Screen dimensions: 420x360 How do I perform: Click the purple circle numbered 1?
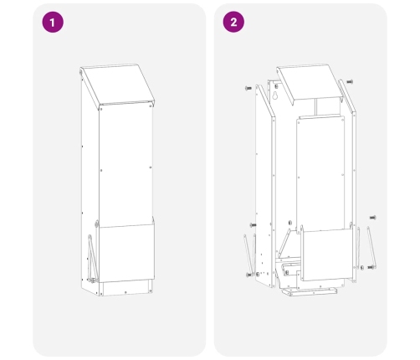tap(53, 22)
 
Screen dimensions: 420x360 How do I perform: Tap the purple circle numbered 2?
tap(233, 22)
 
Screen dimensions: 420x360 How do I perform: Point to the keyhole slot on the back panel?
tap(275, 95)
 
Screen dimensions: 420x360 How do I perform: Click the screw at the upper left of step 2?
tap(248, 88)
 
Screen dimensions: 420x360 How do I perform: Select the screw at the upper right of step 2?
tap(350, 82)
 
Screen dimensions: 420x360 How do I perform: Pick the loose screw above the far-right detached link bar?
tap(372, 218)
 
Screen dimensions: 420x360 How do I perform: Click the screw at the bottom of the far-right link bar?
tap(371, 267)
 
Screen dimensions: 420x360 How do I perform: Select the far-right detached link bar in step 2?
tap(371, 247)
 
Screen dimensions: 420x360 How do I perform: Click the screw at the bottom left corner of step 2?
tap(248, 275)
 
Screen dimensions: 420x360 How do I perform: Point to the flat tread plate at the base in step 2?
tap(309, 292)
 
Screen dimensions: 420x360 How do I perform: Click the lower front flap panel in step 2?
tap(326, 255)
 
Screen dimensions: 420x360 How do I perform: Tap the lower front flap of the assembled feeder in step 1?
tap(126, 253)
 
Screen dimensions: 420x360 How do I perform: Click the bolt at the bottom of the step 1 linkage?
tap(93, 280)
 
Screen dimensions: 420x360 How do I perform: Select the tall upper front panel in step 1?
tap(126, 166)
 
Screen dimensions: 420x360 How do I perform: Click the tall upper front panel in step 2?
tap(320, 173)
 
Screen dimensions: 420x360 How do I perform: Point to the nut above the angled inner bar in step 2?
tap(289, 223)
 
